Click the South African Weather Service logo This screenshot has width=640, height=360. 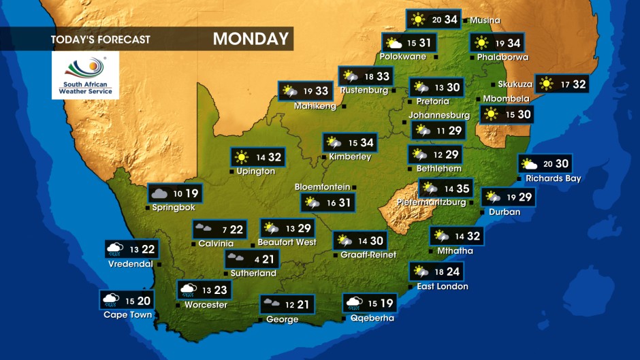point(85,75)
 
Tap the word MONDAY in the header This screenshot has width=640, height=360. point(251,39)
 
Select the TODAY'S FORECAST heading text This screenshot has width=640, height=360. point(100,39)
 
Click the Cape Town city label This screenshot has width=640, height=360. point(127,315)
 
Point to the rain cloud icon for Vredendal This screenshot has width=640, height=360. point(114,249)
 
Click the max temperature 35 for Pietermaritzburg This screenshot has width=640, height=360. point(463,189)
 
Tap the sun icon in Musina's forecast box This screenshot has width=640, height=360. point(417,19)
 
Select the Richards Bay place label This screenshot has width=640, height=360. point(553,179)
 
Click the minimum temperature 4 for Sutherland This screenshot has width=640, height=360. point(256,259)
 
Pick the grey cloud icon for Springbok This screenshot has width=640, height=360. point(159,193)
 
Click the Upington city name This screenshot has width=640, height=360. point(256,171)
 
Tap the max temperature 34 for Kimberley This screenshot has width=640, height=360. point(367,142)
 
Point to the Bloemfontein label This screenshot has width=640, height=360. point(322,187)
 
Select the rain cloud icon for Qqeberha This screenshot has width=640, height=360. point(353,303)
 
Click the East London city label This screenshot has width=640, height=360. point(443,287)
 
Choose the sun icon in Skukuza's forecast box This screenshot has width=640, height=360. point(545,84)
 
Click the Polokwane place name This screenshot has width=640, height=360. point(403,56)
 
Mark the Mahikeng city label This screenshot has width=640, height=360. point(315,106)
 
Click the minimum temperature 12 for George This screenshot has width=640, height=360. point(289,304)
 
